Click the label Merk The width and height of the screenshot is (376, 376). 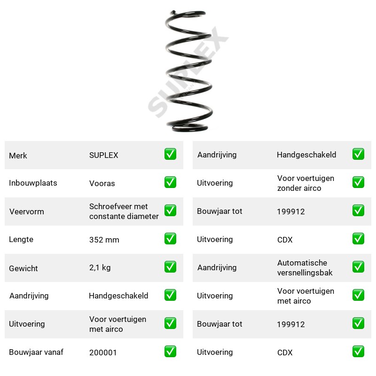click(18, 156)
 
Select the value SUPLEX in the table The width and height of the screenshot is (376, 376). click(103, 155)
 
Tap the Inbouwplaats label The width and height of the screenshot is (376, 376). click(33, 183)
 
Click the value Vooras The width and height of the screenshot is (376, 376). click(102, 183)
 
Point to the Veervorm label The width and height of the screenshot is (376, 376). click(27, 211)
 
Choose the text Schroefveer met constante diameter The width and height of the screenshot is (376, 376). click(124, 211)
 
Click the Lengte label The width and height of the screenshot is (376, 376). click(21, 239)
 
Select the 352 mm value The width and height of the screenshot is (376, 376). click(104, 240)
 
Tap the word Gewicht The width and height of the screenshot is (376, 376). click(23, 268)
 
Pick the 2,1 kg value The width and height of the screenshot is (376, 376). click(100, 267)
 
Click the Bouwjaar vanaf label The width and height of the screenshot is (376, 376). click(36, 352)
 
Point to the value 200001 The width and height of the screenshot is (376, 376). click(103, 352)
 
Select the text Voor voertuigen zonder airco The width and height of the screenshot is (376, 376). click(305, 183)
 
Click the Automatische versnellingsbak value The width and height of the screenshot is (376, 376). click(305, 267)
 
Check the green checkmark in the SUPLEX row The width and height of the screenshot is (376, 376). click(170, 154)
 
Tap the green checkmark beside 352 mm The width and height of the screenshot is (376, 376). click(170, 239)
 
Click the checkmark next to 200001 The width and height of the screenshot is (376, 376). click(170, 351)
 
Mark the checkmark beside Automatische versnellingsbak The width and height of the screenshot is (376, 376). click(358, 267)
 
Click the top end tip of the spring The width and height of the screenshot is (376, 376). click(173, 11)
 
